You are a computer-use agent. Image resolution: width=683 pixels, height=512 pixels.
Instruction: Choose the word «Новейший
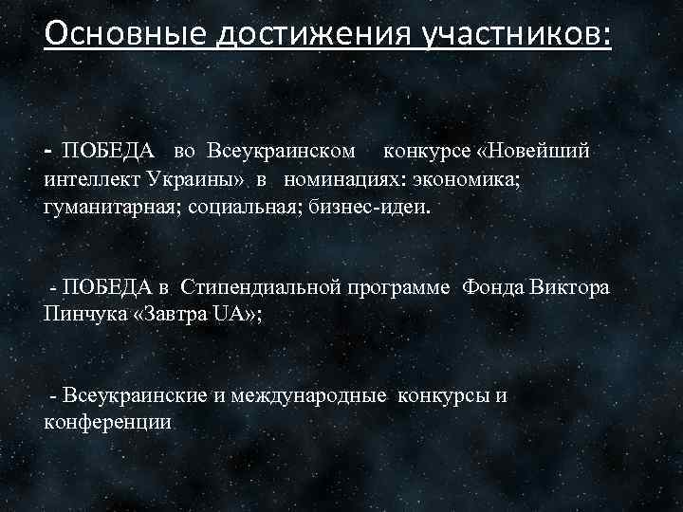coord(533,152)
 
